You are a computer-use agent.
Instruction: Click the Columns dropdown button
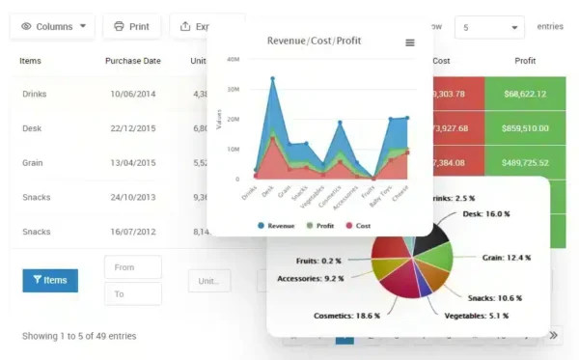click(52, 26)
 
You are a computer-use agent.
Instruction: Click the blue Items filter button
click(50, 280)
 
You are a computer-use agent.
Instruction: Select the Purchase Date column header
click(133, 61)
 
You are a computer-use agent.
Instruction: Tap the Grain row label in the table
click(32, 162)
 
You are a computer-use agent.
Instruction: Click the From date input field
click(132, 267)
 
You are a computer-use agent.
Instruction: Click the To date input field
click(132, 293)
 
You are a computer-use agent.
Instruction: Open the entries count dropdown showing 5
click(491, 27)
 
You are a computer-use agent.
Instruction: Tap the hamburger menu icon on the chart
click(410, 42)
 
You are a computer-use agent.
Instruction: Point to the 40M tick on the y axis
click(233, 59)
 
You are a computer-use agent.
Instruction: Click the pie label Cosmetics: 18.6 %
click(346, 316)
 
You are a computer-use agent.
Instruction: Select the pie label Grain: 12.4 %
click(508, 258)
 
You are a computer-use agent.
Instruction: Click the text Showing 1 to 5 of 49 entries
click(79, 336)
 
